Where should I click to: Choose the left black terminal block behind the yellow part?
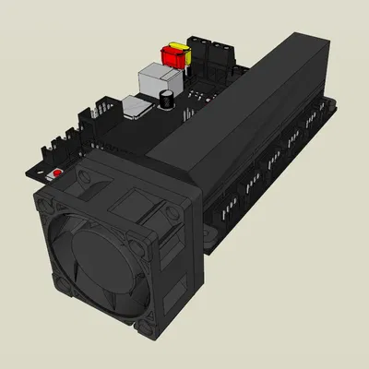199,51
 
